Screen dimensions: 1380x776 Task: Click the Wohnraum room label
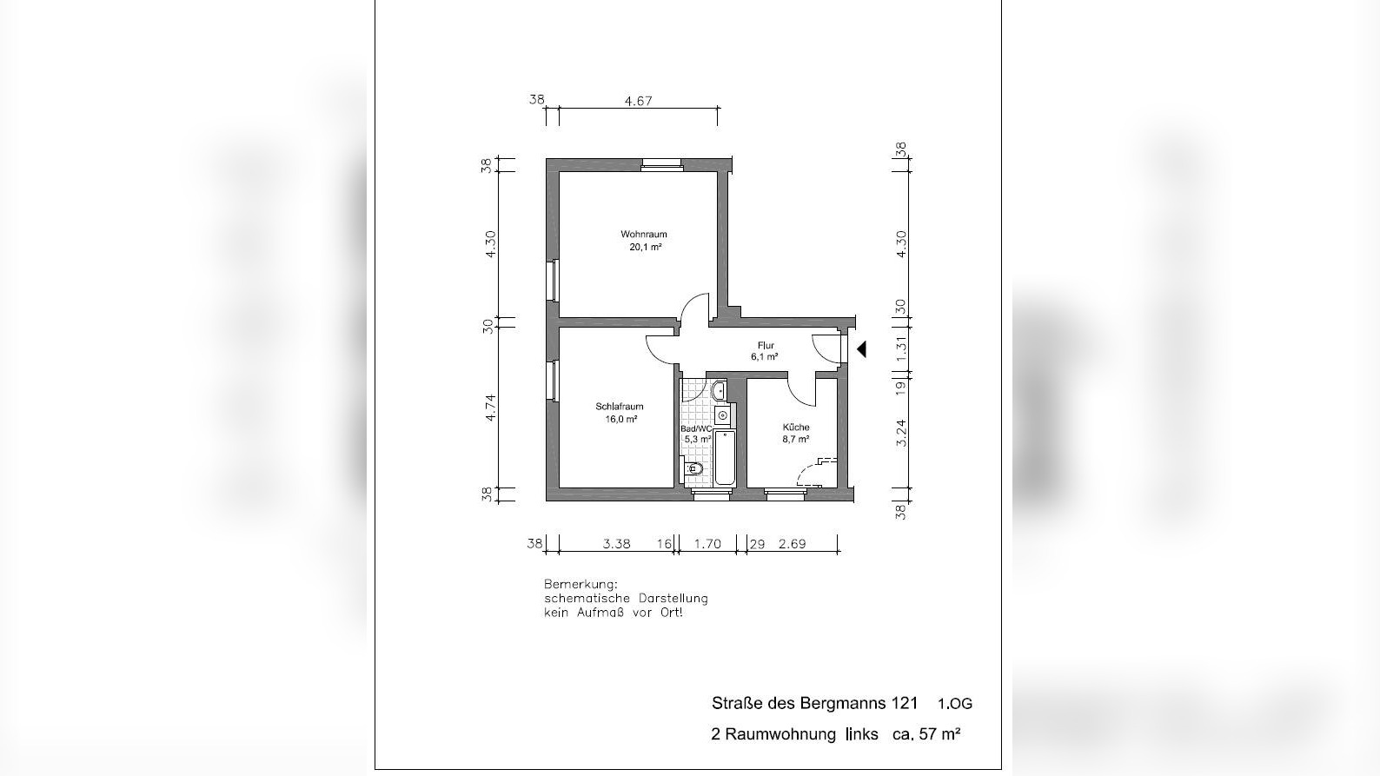coord(644,234)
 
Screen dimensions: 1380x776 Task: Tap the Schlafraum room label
coord(619,407)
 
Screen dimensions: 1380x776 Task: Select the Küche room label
coord(796,428)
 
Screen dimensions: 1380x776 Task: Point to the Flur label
coord(766,346)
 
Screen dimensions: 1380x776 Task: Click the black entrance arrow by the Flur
coord(862,349)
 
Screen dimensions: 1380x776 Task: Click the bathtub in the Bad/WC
coord(725,458)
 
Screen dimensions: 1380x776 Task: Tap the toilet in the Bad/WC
coord(693,469)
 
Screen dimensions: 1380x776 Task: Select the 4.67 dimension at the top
coord(638,101)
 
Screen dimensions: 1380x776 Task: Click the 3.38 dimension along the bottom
coord(617,544)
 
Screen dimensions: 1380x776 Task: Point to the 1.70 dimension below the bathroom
coord(707,544)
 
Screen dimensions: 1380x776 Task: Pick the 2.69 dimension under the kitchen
coord(793,544)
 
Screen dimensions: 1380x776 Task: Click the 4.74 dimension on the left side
coord(490,408)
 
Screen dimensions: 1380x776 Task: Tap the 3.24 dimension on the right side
coord(900,433)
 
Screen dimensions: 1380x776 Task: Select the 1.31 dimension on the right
coord(900,348)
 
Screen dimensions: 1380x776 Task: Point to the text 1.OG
coord(955,703)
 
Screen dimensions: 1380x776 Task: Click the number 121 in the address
coord(905,703)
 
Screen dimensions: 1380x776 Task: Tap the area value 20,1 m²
coord(645,247)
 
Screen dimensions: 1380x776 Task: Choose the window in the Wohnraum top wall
coord(661,164)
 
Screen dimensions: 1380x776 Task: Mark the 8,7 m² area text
coord(795,440)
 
